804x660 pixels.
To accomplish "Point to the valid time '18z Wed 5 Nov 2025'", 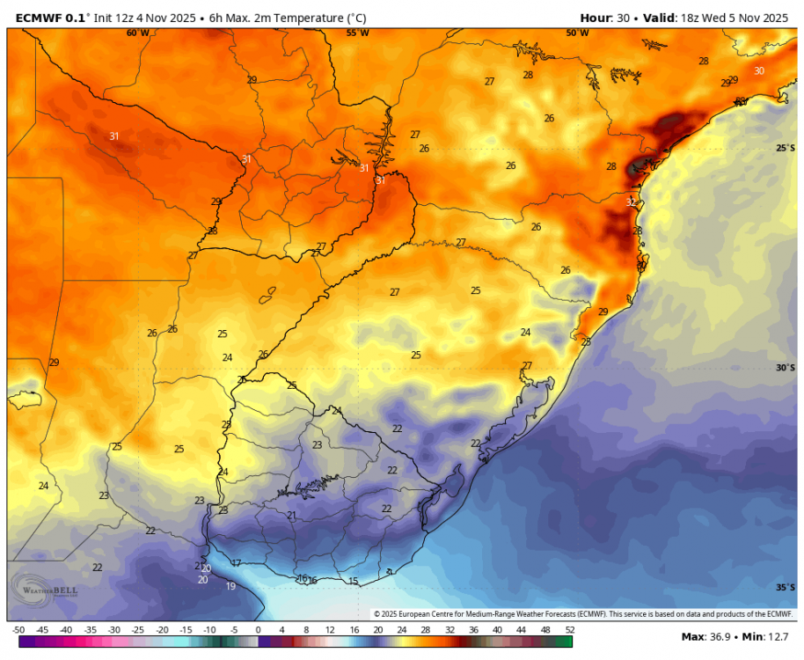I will (x=738, y=18).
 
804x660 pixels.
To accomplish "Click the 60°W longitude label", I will (x=137, y=33).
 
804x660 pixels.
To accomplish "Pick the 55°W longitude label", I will (x=357, y=33).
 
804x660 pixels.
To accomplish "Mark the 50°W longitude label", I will (x=577, y=33).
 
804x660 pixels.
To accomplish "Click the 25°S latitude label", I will (x=786, y=148).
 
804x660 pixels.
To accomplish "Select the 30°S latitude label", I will (x=786, y=368).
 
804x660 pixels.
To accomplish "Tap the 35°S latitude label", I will (x=786, y=588).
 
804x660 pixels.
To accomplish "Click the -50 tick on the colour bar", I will (x=18, y=630).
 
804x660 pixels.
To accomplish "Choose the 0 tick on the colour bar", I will (x=258, y=630).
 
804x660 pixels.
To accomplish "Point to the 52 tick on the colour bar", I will (x=569, y=630).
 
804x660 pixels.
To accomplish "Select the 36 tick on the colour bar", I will (x=473, y=630).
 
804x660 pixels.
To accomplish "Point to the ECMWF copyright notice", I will (x=583, y=614).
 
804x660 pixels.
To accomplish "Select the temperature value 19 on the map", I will (x=230, y=586).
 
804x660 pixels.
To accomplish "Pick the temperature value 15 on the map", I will (x=353, y=581).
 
